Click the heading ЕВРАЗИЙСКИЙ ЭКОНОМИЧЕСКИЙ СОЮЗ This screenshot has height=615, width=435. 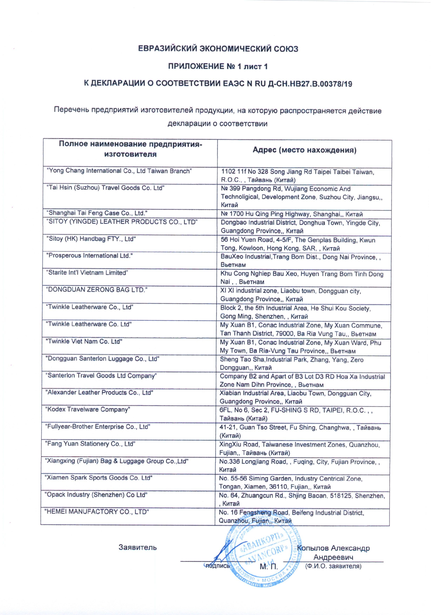point(218,49)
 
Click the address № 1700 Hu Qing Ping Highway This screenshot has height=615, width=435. point(292,214)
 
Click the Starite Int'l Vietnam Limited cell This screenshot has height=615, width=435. point(87,273)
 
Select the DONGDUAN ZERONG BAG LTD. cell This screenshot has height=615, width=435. point(97,290)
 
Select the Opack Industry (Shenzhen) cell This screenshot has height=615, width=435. point(96,495)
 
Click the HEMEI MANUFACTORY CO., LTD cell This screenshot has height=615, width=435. point(96,512)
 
